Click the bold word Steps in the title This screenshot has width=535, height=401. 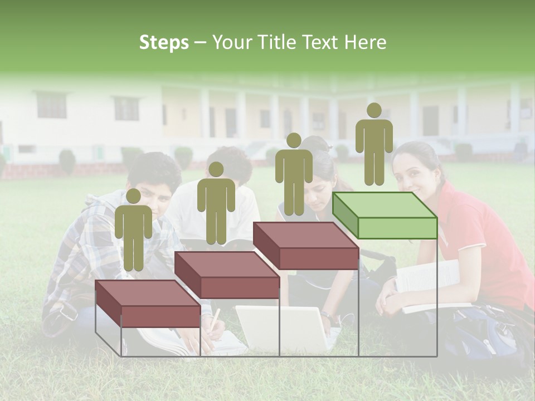point(164,43)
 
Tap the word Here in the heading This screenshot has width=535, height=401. point(365,43)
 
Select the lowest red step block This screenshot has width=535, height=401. point(148,304)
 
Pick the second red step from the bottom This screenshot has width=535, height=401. point(227,275)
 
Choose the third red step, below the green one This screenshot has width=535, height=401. point(306,246)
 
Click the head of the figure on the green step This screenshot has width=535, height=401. point(374,110)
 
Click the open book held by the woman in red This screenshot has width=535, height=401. point(429,284)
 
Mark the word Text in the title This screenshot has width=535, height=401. point(320,43)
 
